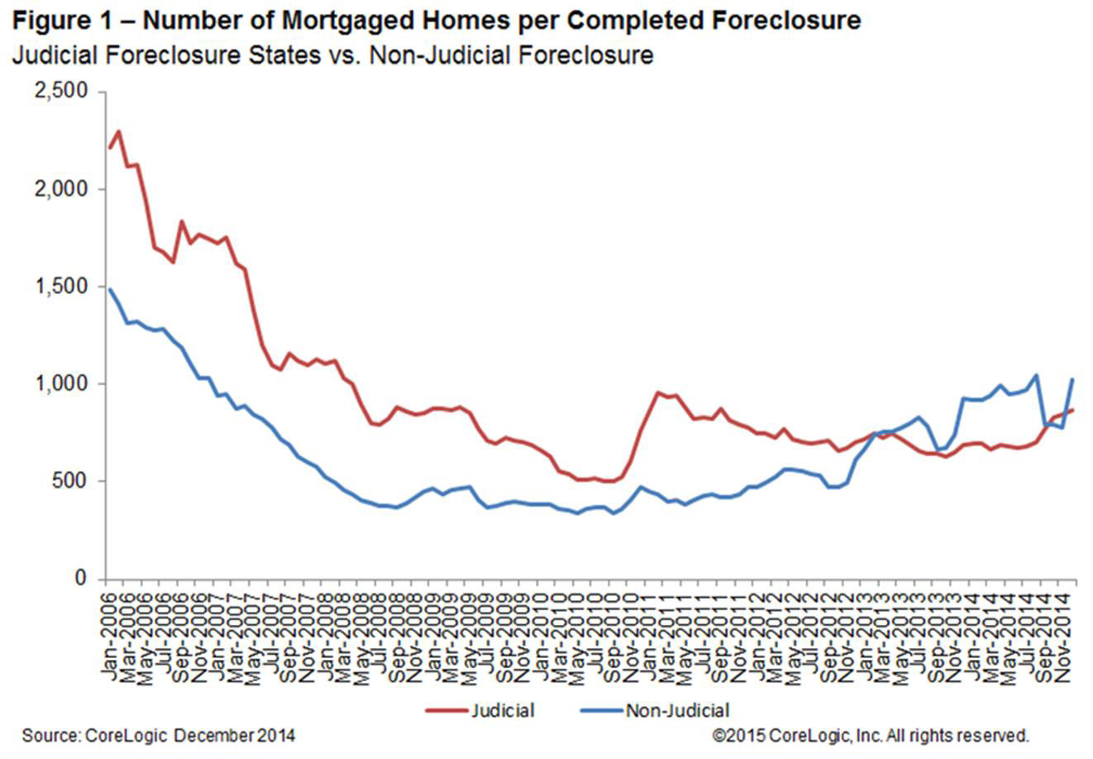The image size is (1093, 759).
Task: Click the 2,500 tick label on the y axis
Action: click(61, 92)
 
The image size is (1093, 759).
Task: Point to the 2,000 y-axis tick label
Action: click(61, 189)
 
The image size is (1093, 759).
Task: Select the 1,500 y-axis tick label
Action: click(61, 287)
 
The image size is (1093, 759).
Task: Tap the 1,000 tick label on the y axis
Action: click(61, 384)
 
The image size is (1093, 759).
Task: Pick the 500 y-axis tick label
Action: click(71, 481)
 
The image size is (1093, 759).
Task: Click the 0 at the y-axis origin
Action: click(81, 579)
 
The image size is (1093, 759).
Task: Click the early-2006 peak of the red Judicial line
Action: click(118, 131)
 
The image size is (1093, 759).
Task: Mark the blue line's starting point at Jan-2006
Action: click(109, 289)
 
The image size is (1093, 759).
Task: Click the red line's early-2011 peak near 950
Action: click(657, 393)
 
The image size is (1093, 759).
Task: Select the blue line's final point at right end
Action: click(1072, 379)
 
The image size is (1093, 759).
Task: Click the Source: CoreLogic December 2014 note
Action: click(158, 735)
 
